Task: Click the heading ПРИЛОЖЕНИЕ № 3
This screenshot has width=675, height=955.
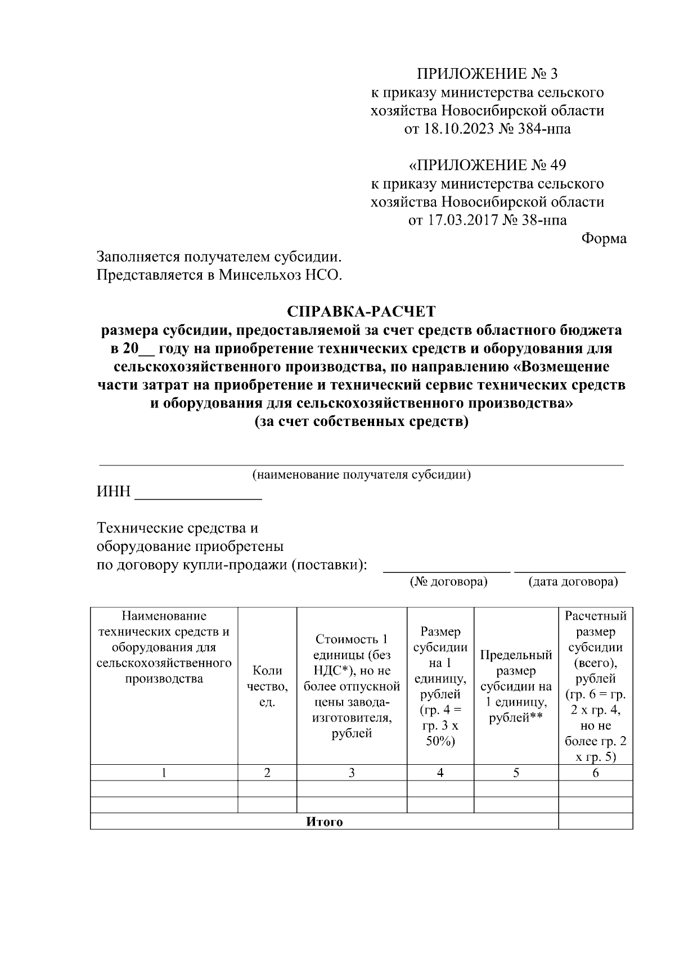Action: pyautogui.click(x=487, y=74)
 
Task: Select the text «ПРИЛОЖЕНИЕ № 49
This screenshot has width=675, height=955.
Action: pyautogui.click(x=487, y=165)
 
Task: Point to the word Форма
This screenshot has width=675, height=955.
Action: pyautogui.click(x=604, y=239)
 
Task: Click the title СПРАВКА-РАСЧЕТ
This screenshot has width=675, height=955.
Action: pyautogui.click(x=362, y=311)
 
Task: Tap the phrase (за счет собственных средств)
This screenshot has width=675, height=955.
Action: pyautogui.click(x=362, y=422)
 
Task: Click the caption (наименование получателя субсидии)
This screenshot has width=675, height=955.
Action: pyautogui.click(x=362, y=474)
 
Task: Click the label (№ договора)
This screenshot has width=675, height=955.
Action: pyautogui.click(x=448, y=581)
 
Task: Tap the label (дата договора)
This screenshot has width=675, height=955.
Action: pyautogui.click(x=573, y=581)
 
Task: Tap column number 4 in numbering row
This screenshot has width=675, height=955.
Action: pyautogui.click(x=440, y=773)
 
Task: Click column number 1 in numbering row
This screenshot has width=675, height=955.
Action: pyautogui.click(x=164, y=773)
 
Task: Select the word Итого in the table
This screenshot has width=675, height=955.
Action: pyautogui.click(x=325, y=822)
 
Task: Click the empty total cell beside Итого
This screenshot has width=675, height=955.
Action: pyautogui.click(x=595, y=822)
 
